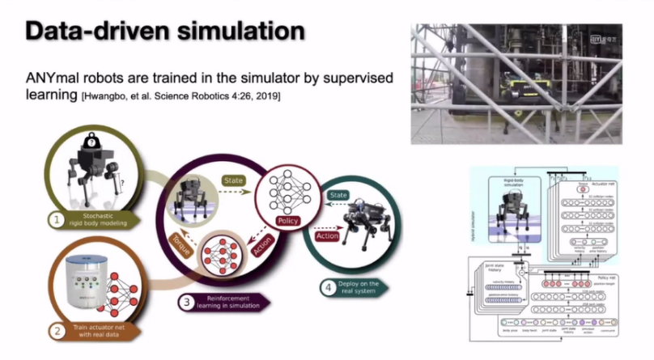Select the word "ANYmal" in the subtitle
pos(52,79)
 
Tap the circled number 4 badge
pos(328,286)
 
